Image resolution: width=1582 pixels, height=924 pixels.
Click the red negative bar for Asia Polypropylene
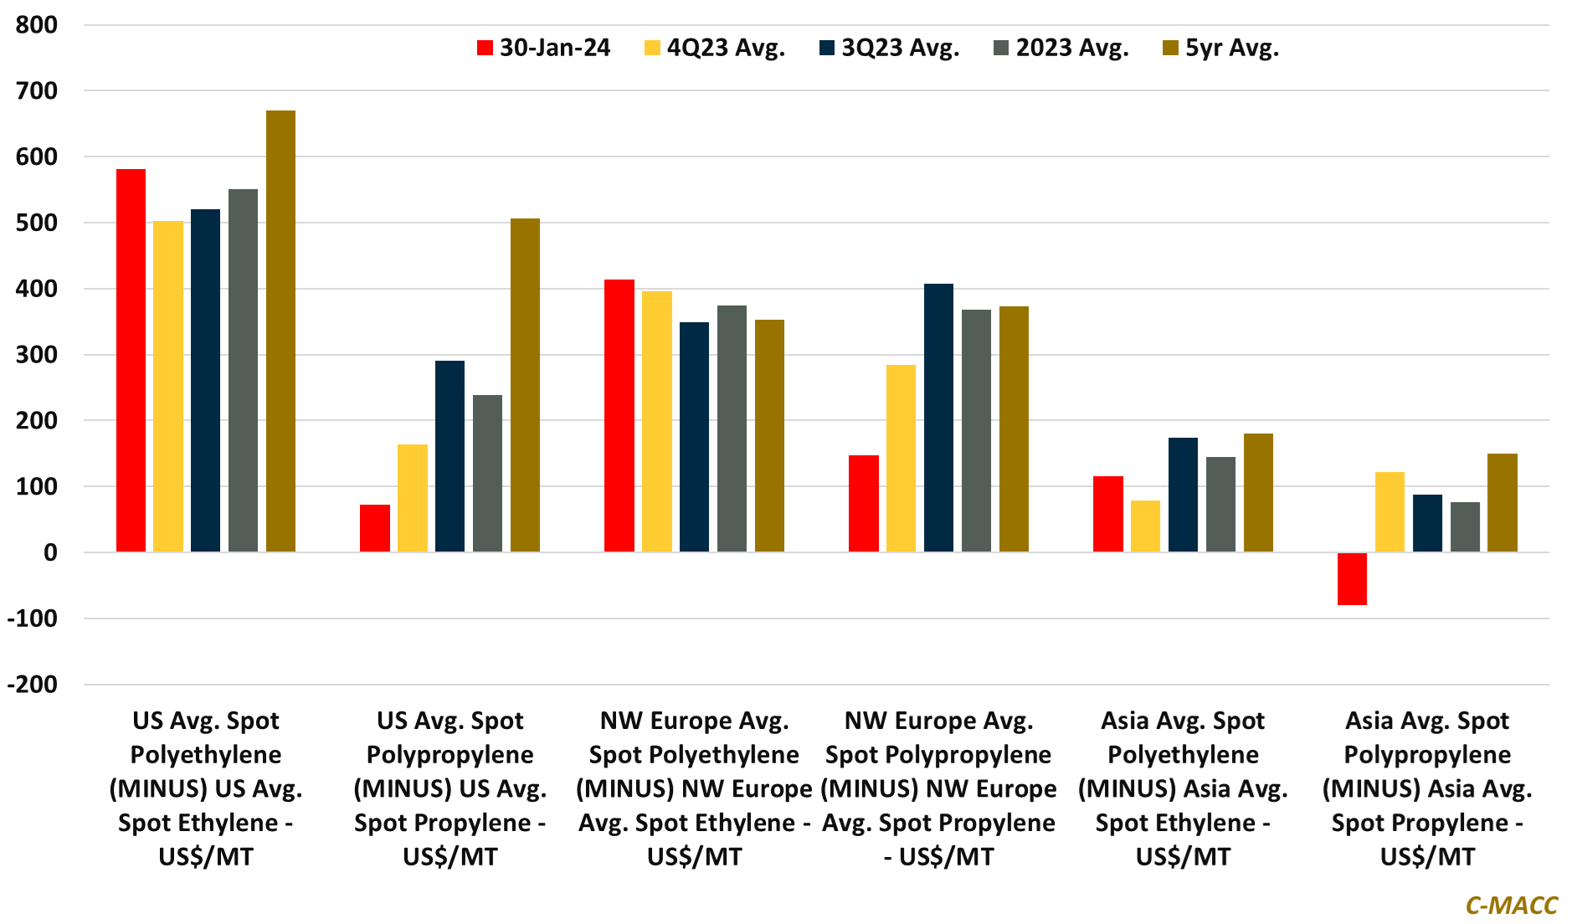pyautogui.click(x=1352, y=578)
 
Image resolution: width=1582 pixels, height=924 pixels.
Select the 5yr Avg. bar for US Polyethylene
pyautogui.click(x=280, y=331)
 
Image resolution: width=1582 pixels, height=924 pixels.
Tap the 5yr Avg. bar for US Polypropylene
pyautogui.click(x=525, y=385)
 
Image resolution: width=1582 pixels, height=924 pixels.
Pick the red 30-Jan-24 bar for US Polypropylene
pyautogui.click(x=375, y=528)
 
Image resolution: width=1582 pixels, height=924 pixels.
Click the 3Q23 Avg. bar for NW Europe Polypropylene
pyautogui.click(x=938, y=418)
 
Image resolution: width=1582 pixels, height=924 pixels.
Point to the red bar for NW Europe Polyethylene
pyautogui.click(x=619, y=415)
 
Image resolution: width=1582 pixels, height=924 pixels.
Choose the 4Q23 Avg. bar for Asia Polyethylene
pyautogui.click(x=1145, y=526)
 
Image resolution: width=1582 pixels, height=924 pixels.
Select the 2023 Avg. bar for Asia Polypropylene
pyautogui.click(x=1465, y=527)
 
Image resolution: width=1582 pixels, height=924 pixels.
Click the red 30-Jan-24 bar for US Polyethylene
pyautogui.click(x=131, y=360)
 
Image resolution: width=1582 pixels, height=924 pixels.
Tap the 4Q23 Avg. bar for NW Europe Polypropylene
pyautogui.click(x=901, y=458)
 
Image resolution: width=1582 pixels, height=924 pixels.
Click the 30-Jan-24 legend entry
pyautogui.click(x=544, y=48)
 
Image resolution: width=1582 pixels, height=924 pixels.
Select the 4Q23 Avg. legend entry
pyautogui.click(x=715, y=48)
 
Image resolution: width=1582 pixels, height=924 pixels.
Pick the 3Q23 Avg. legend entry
pyautogui.click(x=890, y=48)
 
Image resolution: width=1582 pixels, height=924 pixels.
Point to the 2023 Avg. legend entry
pyautogui.click(x=1061, y=48)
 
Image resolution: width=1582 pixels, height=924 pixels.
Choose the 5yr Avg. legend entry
pyautogui.click(x=1221, y=48)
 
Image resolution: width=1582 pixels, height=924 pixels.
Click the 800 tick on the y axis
pyautogui.click(x=37, y=25)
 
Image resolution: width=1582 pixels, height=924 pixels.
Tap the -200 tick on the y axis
pyautogui.click(x=33, y=685)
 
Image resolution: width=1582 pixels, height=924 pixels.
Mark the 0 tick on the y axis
pyautogui.click(x=50, y=552)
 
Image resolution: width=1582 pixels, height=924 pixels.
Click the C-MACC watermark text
pyautogui.click(x=1511, y=905)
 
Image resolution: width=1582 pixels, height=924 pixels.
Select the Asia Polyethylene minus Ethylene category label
pyautogui.click(x=1183, y=788)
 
